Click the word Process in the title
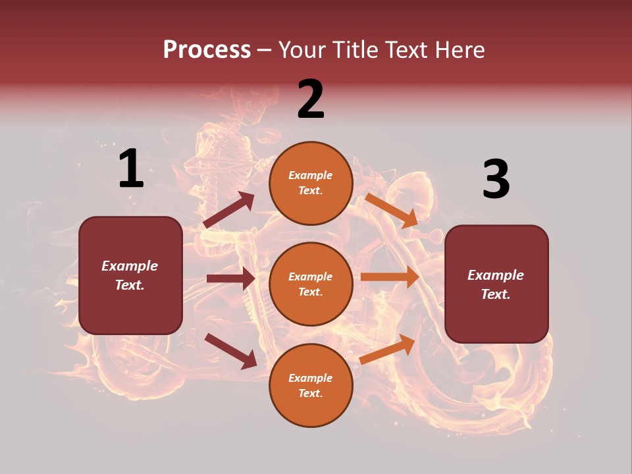tap(207, 50)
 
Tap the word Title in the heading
tap(351, 50)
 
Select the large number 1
tap(131, 169)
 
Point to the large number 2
tap(311, 99)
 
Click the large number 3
tap(496, 179)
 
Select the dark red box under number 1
tap(130, 275)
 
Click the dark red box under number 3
tap(496, 284)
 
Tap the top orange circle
tap(311, 182)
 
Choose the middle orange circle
tap(311, 284)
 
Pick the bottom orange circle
tap(311, 385)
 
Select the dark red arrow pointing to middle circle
tap(231, 278)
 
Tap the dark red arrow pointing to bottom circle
tap(231, 351)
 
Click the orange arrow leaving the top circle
tap(391, 211)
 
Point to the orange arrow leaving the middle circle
tap(390, 276)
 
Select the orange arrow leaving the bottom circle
tap(387, 350)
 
